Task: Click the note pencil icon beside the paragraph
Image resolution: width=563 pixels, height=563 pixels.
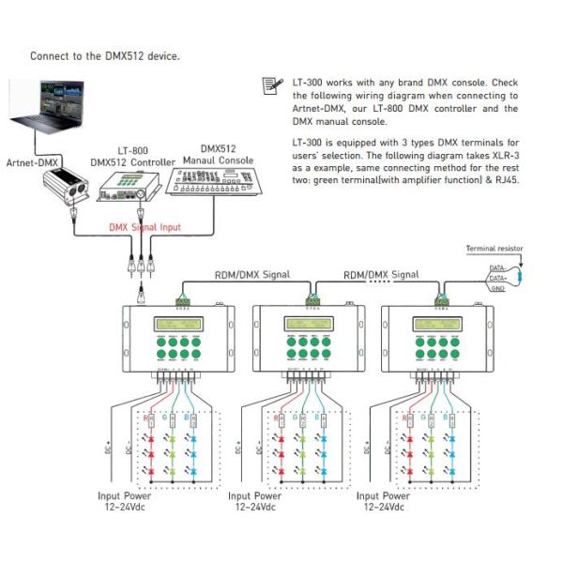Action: [271, 85]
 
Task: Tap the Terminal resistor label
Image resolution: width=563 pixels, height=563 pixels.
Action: [495, 249]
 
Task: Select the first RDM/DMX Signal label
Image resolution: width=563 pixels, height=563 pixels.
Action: [251, 275]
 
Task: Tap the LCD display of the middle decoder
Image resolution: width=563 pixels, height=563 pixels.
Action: [312, 326]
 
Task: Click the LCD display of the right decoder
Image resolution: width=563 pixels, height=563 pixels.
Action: [442, 326]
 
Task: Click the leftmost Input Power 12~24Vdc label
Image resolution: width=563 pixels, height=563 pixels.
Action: [135, 501]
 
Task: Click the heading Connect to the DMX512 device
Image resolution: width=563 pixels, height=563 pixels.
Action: [104, 56]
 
